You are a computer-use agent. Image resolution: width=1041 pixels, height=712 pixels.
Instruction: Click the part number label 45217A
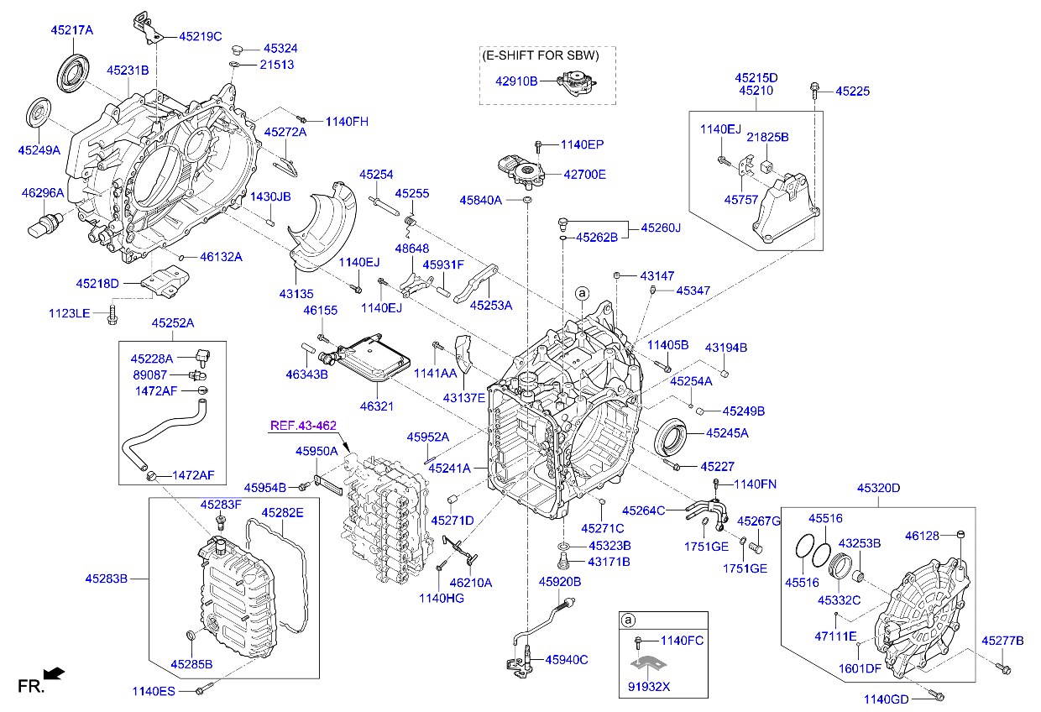point(71,30)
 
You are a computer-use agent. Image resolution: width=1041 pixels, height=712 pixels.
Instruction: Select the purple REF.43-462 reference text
point(303,426)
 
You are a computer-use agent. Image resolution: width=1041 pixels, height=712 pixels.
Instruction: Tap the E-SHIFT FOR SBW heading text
point(541,56)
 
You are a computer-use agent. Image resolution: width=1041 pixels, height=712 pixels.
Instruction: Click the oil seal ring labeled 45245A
point(672,434)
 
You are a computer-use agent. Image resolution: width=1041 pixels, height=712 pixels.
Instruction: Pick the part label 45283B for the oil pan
point(106,578)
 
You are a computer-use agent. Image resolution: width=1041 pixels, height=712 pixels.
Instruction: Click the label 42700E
point(584,175)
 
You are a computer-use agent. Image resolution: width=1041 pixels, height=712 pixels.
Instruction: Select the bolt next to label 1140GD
point(938,696)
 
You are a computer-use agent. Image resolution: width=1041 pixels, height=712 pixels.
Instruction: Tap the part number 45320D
point(878,488)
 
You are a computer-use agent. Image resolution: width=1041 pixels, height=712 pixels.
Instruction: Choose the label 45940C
point(567,660)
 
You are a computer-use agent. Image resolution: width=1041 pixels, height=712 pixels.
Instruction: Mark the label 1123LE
point(69,313)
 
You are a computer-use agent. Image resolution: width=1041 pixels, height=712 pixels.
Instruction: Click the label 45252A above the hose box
point(173,323)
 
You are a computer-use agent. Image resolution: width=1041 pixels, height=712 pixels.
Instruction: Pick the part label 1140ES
point(153,691)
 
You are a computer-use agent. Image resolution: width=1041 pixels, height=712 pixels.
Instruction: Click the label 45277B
point(1003,641)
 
